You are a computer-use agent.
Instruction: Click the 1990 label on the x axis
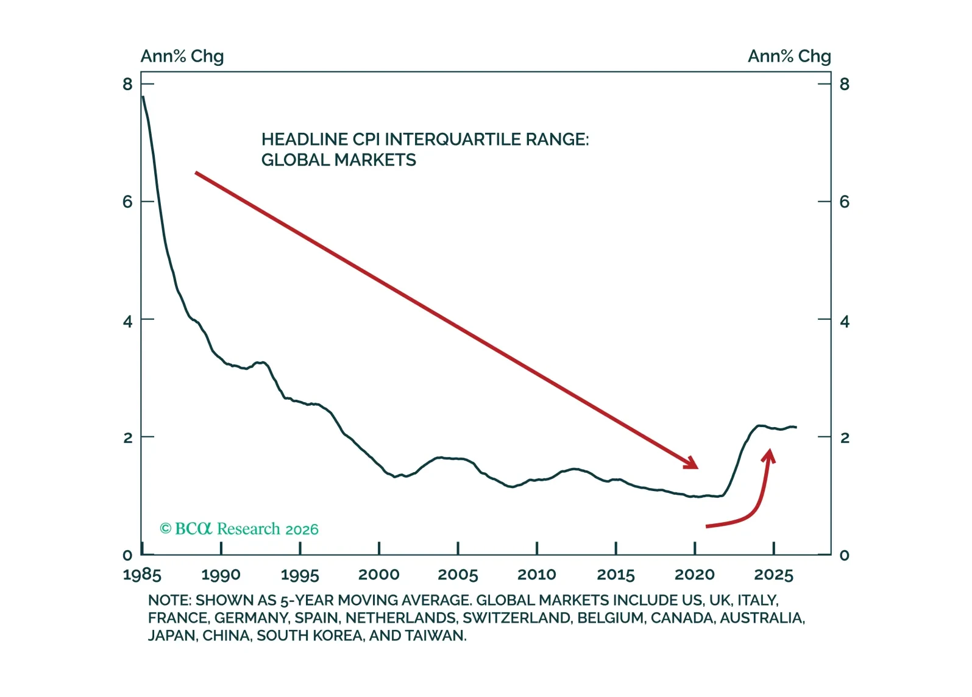click(x=221, y=575)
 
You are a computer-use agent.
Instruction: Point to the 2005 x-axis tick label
click(x=458, y=575)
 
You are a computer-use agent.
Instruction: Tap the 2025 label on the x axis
click(x=774, y=575)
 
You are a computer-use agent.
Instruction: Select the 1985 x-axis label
click(x=142, y=575)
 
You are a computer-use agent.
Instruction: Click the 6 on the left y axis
click(x=127, y=202)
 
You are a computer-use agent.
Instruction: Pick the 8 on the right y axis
click(x=845, y=84)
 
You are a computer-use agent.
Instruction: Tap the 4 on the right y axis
click(x=845, y=322)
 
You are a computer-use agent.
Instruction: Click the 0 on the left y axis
click(x=127, y=555)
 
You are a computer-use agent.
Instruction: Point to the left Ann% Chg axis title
click(x=182, y=57)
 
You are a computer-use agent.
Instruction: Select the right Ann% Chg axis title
click(x=789, y=57)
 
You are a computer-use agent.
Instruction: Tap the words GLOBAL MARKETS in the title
click(x=338, y=160)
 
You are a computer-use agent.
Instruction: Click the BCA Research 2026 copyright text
click(x=239, y=529)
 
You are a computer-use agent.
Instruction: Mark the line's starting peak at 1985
click(x=143, y=96)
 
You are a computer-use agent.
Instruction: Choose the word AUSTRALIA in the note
click(x=762, y=618)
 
